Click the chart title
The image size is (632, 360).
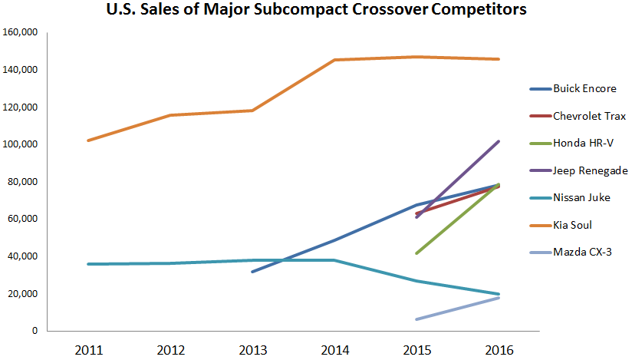(x=315, y=12)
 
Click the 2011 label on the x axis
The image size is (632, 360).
(x=89, y=350)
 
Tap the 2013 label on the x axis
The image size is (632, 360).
(x=253, y=350)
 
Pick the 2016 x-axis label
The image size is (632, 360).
(x=499, y=350)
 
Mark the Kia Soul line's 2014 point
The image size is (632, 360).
(x=335, y=60)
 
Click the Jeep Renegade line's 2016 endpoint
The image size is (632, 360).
(x=499, y=141)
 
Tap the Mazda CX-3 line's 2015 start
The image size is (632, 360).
(x=417, y=319)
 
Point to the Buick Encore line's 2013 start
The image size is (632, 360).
(x=253, y=272)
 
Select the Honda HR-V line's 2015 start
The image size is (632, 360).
(x=417, y=253)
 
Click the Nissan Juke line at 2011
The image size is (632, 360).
(x=89, y=264)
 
